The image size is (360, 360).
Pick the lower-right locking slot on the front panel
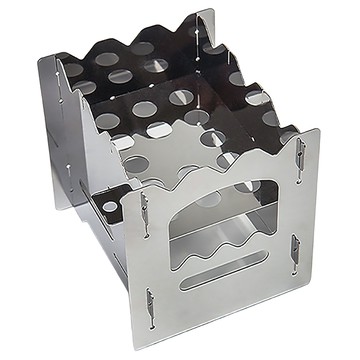pos(295,247)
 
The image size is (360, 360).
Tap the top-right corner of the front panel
pos(318,130)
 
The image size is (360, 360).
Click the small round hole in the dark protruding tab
pos(109,207)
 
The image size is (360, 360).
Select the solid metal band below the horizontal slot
pos(225,300)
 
